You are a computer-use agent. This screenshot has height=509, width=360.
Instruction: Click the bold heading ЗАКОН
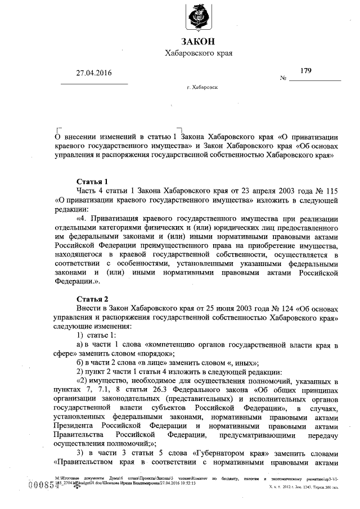[197, 41]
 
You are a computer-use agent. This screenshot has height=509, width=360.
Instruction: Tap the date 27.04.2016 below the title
[95, 74]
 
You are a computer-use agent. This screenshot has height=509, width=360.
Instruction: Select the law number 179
[306, 71]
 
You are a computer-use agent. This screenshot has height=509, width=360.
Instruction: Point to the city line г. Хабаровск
[203, 88]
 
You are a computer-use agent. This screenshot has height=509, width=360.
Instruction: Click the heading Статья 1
[92, 182]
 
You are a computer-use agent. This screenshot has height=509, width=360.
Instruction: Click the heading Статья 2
[92, 299]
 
